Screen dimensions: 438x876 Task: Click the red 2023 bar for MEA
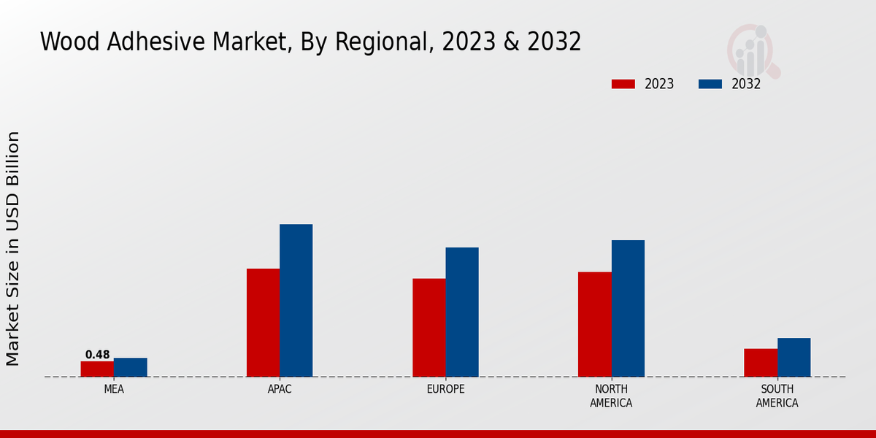coord(97,369)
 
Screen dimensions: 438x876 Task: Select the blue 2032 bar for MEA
coord(131,367)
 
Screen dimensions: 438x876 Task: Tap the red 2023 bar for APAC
coord(263,323)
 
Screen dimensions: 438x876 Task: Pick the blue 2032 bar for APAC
coord(296,300)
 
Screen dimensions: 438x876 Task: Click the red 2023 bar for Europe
coord(429,328)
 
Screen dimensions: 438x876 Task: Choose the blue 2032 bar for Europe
coord(462,312)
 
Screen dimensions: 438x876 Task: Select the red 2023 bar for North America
coord(595,324)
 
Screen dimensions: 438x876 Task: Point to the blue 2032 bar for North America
coord(628,308)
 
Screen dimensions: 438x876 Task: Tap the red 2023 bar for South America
coord(761,363)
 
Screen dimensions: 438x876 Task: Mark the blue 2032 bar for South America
coord(794,357)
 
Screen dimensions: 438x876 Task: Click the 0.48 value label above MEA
coord(97,355)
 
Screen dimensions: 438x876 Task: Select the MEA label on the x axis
coord(114,389)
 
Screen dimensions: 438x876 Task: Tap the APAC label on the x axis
coord(280,389)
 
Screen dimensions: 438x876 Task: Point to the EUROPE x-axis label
coord(445,389)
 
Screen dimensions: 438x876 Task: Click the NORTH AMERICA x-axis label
coord(612,396)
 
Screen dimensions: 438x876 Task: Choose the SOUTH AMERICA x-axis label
coord(777,396)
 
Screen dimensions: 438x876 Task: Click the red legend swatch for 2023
coord(623,84)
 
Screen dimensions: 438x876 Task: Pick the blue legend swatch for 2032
coord(710,84)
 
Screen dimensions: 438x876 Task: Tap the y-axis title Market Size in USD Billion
coord(13,248)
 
